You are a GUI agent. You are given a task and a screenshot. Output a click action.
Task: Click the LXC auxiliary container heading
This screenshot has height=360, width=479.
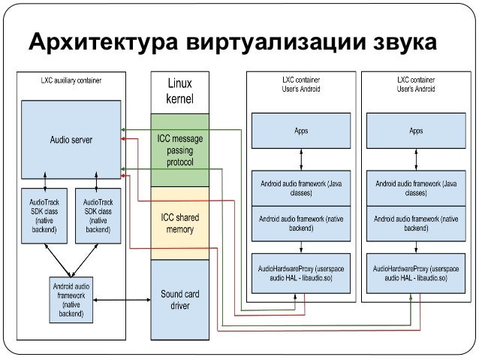[x=71, y=79]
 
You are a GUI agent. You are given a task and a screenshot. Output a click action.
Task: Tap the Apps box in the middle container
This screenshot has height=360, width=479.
[x=300, y=131]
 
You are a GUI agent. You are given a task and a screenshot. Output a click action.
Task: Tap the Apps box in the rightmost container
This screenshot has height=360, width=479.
[x=415, y=131]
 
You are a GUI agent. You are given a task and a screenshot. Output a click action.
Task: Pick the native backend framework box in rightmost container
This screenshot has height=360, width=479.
[x=415, y=223]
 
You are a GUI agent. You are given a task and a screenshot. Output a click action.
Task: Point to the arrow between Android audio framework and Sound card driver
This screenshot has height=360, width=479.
[x=122, y=301]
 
